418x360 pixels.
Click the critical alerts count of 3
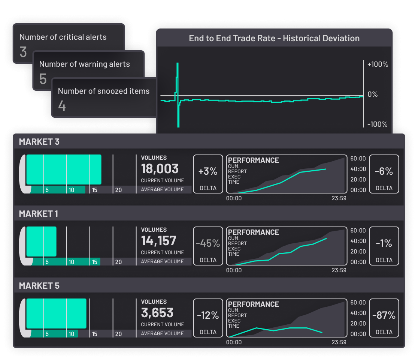coord(23,52)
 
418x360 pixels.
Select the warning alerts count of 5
coord(43,79)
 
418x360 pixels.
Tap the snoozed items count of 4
coord(62,106)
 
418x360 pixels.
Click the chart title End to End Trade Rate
coord(274,38)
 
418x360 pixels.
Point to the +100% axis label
coord(378,64)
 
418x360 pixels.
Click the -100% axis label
coord(378,124)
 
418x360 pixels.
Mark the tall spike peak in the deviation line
coord(178,64)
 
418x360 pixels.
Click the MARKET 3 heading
coord(39,142)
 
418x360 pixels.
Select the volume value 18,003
coord(160,169)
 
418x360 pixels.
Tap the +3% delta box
coord(208,174)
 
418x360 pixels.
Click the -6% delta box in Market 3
coord(384,174)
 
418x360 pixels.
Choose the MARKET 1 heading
coord(38,214)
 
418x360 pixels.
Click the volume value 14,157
coord(158,241)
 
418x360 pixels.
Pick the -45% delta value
coord(208,243)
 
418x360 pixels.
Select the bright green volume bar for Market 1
coord(41,241)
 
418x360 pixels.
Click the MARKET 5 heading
coord(39,286)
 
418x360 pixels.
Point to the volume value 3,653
coord(157,313)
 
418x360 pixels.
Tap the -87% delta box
coord(384,318)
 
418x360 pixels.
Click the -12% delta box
coord(208,318)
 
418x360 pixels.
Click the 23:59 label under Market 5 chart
coord(339,342)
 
